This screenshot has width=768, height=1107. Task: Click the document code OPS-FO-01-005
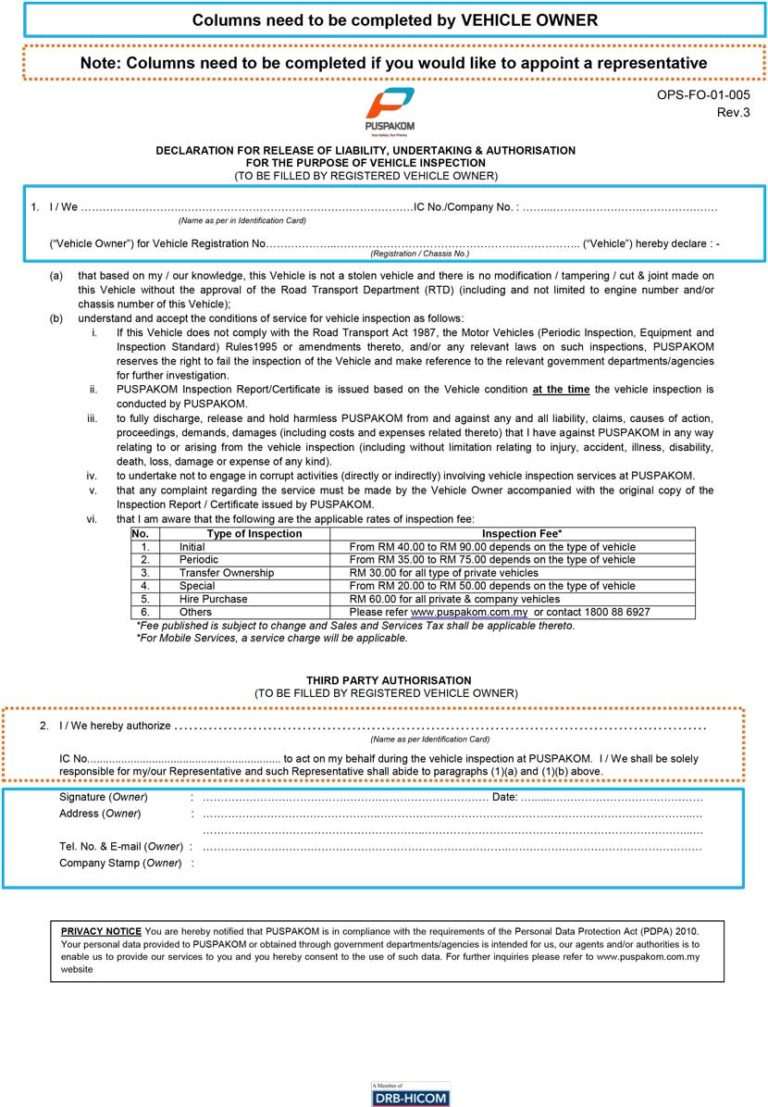(x=703, y=96)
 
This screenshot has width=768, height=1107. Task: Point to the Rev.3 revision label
(x=733, y=112)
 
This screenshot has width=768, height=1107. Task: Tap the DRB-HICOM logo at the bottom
(x=410, y=1094)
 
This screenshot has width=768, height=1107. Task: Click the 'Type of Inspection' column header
(x=254, y=534)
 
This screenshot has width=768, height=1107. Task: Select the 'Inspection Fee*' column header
(x=522, y=534)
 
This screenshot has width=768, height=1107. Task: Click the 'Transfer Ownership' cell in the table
(x=226, y=573)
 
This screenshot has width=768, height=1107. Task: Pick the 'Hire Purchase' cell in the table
(x=213, y=599)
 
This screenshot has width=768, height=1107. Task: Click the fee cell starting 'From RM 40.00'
(x=491, y=547)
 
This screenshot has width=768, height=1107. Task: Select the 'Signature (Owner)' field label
(x=103, y=797)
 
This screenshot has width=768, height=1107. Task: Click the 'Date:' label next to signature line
(x=505, y=797)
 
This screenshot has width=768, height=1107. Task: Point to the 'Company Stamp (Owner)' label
(x=120, y=862)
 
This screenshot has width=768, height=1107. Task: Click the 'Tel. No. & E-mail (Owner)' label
(x=121, y=846)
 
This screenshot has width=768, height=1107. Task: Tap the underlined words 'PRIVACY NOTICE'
(x=101, y=931)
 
